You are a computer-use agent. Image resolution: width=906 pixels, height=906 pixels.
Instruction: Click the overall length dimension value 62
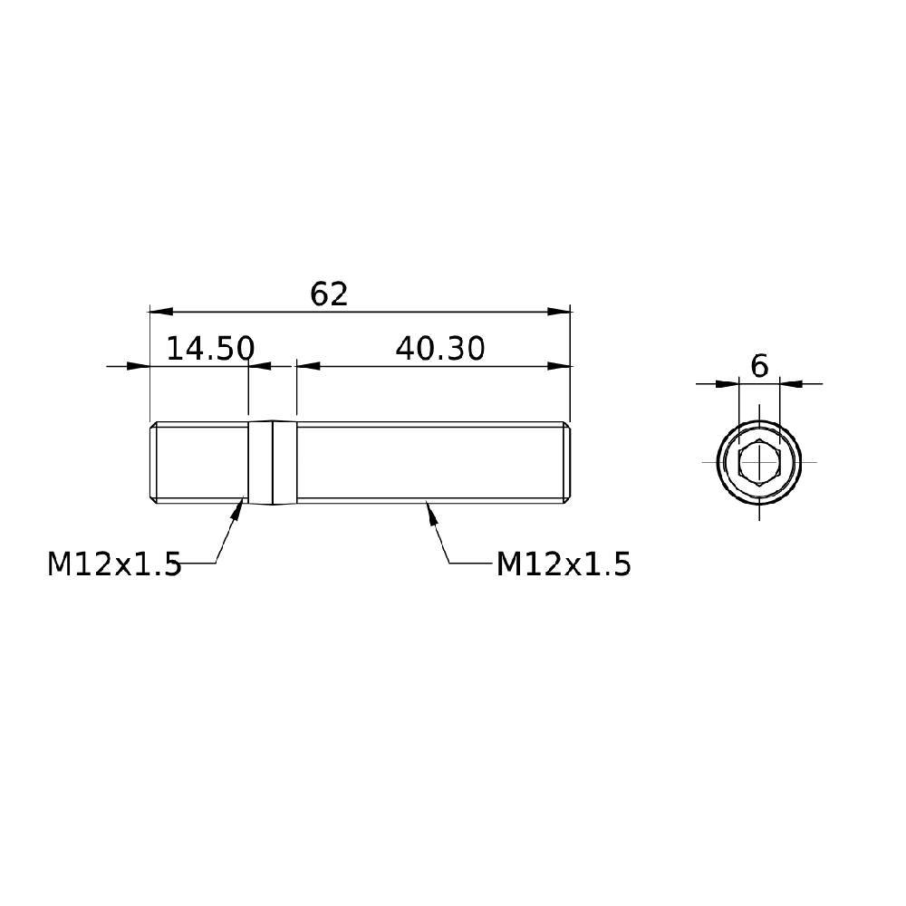click(x=329, y=294)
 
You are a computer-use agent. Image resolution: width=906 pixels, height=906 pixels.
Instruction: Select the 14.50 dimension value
click(x=209, y=349)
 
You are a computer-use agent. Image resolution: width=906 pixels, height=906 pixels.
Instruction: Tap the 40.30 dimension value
click(x=440, y=349)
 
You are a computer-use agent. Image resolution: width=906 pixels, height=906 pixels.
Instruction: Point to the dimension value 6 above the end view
click(x=759, y=366)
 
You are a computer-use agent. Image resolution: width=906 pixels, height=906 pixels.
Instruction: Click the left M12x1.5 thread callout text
click(x=114, y=564)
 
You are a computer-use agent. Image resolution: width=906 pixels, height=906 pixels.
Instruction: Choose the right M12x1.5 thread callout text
click(x=564, y=564)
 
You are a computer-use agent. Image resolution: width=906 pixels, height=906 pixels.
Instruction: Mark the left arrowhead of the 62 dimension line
click(x=160, y=312)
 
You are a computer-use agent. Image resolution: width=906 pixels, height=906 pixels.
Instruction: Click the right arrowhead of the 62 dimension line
click(x=560, y=312)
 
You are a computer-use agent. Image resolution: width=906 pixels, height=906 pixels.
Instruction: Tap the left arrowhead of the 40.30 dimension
click(x=309, y=366)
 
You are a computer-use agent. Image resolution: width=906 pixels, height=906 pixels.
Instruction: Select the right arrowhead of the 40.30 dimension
click(x=560, y=366)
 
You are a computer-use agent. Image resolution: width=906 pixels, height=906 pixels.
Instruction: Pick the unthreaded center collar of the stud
click(x=273, y=462)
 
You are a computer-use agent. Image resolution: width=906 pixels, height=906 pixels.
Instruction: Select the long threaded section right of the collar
click(x=426, y=462)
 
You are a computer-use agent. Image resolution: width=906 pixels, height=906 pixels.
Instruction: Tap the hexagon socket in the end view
click(x=759, y=463)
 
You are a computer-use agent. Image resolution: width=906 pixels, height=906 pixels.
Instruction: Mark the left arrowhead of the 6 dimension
click(x=728, y=384)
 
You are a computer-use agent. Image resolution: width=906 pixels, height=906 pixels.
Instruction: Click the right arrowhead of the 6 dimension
click(x=791, y=384)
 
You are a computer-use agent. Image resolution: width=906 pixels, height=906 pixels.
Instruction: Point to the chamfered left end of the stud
click(x=152, y=462)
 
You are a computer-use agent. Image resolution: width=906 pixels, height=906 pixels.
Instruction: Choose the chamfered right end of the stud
click(x=567, y=462)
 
